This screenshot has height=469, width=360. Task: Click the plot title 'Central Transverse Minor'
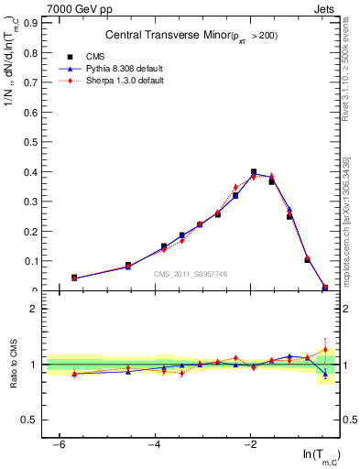161,36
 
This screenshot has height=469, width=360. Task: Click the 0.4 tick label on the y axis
34,171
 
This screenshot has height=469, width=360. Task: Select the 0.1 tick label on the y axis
34,261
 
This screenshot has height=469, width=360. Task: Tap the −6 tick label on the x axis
60,444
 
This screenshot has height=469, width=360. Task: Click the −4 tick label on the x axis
155,444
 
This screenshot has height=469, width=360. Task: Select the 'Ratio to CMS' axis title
14,364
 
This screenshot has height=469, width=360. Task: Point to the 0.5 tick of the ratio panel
33,420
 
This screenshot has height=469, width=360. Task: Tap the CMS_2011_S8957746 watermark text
191,274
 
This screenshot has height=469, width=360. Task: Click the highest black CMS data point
254,172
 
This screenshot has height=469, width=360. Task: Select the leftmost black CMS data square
74,278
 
